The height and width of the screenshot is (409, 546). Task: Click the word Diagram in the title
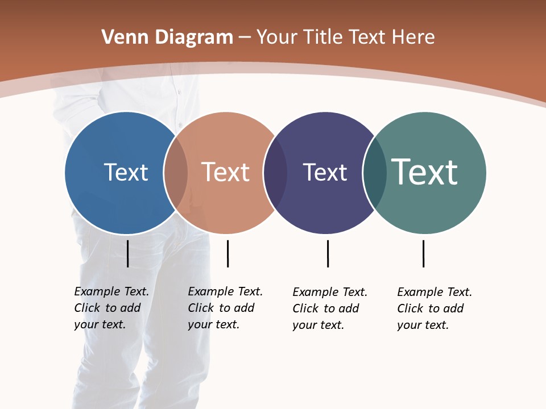(x=194, y=37)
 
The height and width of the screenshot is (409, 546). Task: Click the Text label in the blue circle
(x=126, y=172)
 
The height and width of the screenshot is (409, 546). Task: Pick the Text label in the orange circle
(x=226, y=172)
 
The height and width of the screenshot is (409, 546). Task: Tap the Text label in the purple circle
(x=325, y=172)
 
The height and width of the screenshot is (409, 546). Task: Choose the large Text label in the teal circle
(x=425, y=172)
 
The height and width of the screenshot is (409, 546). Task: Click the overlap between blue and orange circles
(x=176, y=173)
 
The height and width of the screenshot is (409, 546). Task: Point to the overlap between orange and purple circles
(x=275, y=173)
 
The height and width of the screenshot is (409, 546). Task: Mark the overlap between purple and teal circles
(x=375, y=173)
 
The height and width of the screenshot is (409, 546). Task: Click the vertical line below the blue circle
(x=128, y=253)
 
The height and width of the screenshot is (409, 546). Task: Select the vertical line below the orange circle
(x=227, y=253)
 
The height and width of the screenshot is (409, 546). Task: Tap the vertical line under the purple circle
(x=328, y=253)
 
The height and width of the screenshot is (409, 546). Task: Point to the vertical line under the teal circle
(x=423, y=253)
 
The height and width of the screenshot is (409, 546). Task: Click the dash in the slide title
(x=245, y=38)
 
